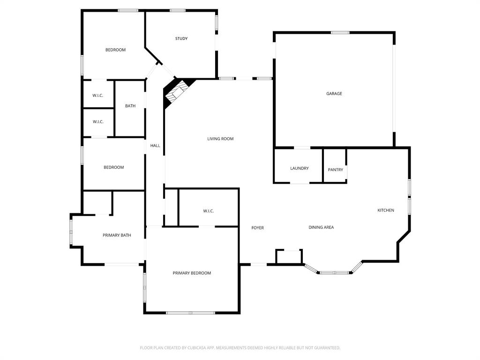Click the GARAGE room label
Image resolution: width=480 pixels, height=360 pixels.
334,94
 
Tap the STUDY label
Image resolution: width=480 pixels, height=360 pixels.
181,38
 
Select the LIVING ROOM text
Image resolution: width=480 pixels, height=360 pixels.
220,139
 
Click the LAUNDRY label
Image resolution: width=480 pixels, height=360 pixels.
300,168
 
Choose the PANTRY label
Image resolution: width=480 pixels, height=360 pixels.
336,170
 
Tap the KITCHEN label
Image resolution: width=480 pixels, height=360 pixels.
386,210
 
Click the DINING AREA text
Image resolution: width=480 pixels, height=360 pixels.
321,227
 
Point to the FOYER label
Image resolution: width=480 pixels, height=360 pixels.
257,228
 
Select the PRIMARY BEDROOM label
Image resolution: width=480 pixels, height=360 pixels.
192,273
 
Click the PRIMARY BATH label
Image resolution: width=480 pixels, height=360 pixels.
117,235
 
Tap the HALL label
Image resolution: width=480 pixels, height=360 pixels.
155,146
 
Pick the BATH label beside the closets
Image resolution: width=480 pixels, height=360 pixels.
130,106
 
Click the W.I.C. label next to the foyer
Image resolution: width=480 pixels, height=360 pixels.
209,211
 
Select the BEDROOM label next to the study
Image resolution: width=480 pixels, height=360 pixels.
115,50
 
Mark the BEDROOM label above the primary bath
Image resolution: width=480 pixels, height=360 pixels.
113,167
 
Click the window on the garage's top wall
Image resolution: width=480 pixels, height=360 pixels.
340,32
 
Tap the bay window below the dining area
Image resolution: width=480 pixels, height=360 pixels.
334,272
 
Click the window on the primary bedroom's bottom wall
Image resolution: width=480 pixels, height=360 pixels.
191,313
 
